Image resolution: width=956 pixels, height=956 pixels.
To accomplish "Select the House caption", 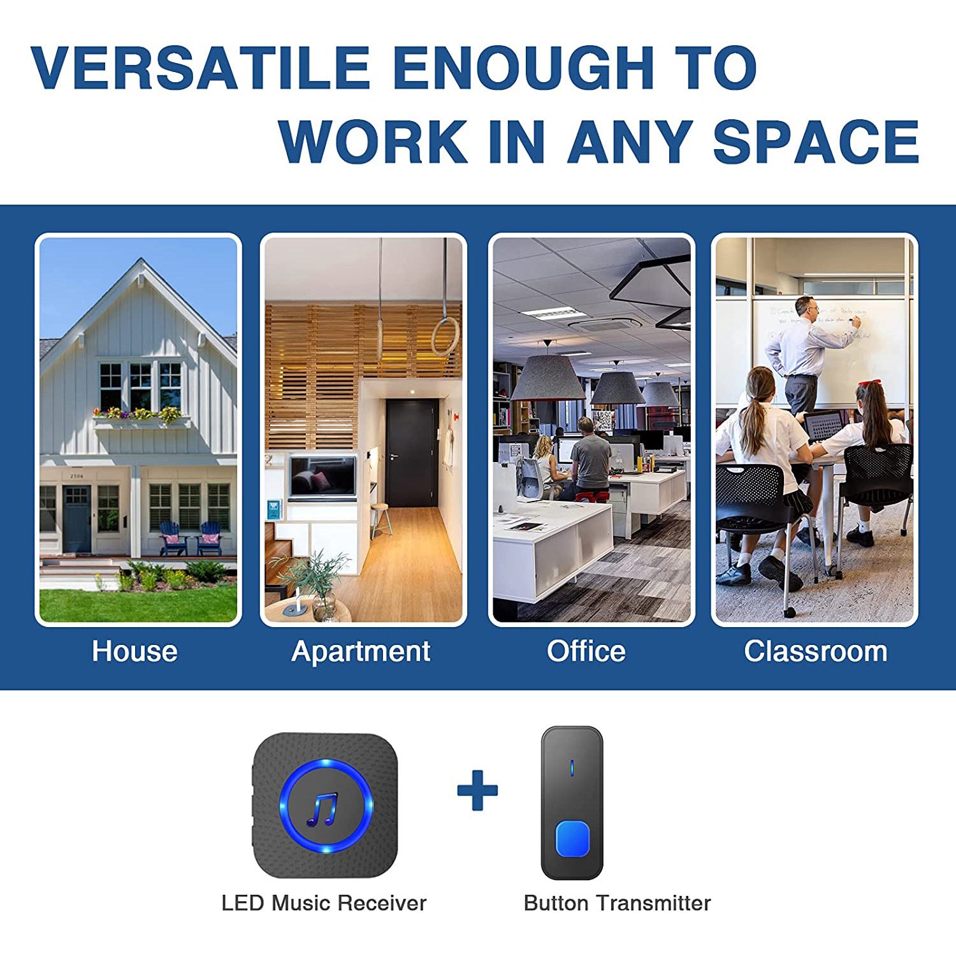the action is click(134, 651).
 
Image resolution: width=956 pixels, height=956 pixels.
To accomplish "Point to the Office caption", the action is click(586, 651).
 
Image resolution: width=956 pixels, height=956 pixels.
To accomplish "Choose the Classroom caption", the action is click(816, 651).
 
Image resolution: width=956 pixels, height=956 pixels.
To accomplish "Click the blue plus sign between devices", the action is click(477, 790).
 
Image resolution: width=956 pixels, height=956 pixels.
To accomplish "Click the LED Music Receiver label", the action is click(324, 903).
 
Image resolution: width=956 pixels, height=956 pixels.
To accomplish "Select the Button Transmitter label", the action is click(617, 903).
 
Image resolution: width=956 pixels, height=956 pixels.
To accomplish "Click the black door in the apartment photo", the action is click(412, 453).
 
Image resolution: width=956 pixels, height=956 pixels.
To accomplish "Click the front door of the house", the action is click(77, 519).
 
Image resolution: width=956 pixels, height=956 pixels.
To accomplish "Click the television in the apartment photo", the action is click(322, 476).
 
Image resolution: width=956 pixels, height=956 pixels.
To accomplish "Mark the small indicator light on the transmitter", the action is click(572, 769).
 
